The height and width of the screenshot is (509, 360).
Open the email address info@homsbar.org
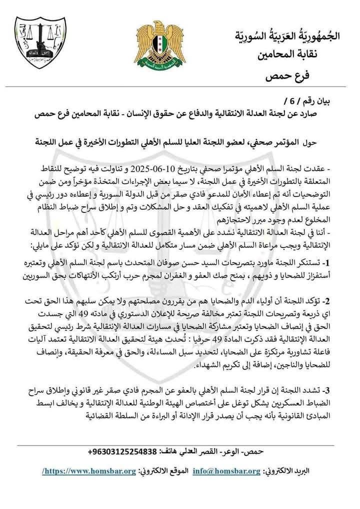click(x=233, y=471)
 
